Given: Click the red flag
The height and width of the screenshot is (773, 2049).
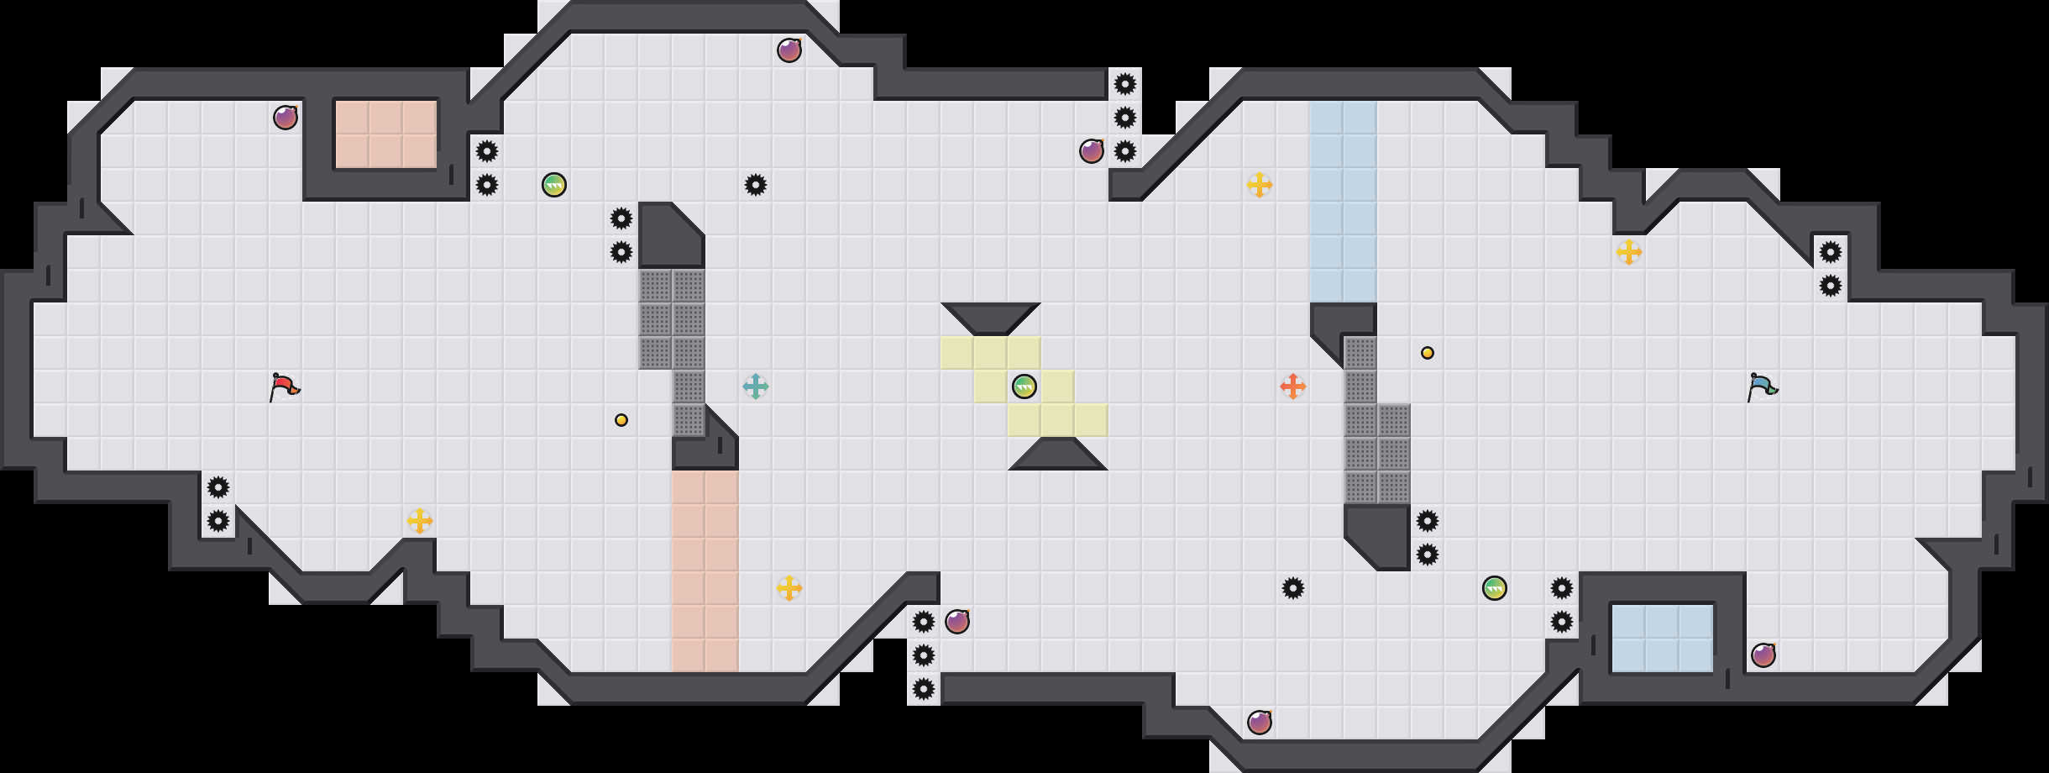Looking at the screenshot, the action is [x=284, y=387].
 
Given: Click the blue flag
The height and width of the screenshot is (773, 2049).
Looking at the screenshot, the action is [x=1762, y=387].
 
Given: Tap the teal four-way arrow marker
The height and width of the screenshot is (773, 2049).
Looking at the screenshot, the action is [x=756, y=386].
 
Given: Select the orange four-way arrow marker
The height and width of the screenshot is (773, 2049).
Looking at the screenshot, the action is [x=1293, y=386].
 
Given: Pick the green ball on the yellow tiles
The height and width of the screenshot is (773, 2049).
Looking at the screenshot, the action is [x=1024, y=386].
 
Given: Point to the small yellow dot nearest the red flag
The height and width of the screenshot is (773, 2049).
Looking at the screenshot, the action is [x=621, y=420].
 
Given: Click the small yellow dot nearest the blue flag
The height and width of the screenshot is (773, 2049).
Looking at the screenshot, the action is [x=1428, y=353].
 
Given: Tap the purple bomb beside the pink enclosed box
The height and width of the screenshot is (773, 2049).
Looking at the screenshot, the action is [x=286, y=118].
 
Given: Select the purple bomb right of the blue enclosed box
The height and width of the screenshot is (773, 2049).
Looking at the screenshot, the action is [x=1763, y=655].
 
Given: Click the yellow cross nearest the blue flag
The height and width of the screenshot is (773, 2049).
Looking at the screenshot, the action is [x=1629, y=252].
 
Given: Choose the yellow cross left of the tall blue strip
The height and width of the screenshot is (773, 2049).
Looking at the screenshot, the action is [x=1260, y=185].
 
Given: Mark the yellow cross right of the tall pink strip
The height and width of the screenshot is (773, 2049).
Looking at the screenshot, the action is [x=789, y=588].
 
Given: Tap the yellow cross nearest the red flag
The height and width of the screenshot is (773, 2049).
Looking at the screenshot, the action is [x=420, y=521].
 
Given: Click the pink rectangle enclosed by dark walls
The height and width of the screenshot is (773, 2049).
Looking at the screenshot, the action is [x=386, y=134].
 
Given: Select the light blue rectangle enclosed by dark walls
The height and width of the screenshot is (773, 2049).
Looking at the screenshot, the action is [x=1663, y=639].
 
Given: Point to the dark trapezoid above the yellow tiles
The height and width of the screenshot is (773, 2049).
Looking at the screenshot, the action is [x=991, y=318].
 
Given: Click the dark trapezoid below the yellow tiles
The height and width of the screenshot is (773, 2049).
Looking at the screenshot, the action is [x=1058, y=455].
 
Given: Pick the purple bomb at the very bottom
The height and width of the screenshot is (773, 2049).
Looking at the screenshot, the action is [x=1260, y=723].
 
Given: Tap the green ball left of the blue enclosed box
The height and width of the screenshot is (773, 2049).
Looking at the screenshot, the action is [x=1495, y=588].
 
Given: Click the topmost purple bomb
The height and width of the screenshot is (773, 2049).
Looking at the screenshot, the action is [x=789, y=50].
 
